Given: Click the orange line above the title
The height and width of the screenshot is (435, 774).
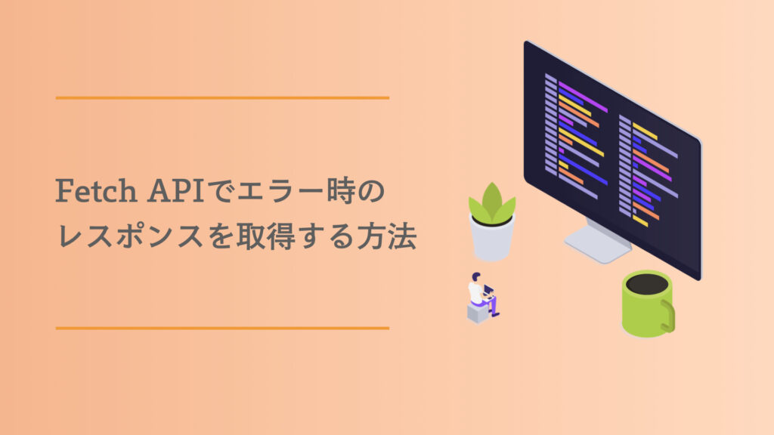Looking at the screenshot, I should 222,98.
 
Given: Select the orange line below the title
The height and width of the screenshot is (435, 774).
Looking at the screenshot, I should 222,328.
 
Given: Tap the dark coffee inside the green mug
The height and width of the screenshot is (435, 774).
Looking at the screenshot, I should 648,284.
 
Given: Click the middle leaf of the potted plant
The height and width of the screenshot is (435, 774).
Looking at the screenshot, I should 492,198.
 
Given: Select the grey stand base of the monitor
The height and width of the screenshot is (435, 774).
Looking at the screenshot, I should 597,245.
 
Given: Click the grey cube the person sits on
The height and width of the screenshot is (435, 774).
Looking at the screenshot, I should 478,312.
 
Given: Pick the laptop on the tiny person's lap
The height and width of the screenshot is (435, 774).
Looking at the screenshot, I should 490,290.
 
